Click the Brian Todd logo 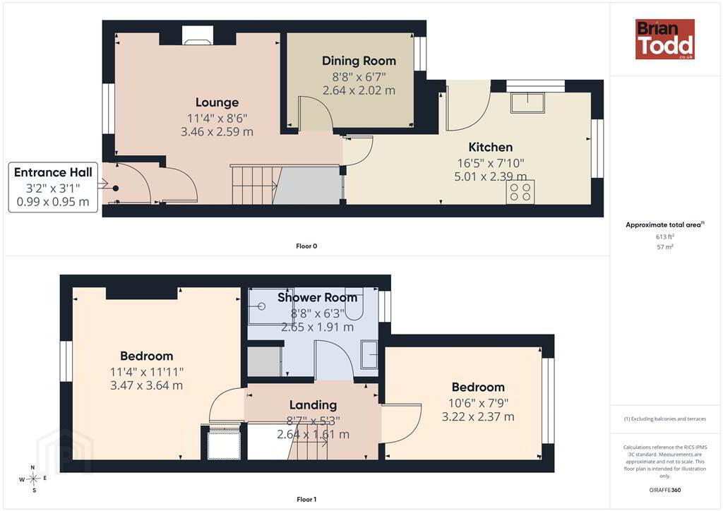pyautogui.click(x=664, y=39)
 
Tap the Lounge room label pyautogui.click(x=217, y=102)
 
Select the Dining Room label pyautogui.click(x=359, y=61)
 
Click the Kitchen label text pyautogui.click(x=490, y=148)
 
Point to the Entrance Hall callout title pyautogui.click(x=53, y=172)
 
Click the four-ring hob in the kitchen pyautogui.click(x=520, y=192)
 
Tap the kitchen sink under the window pyautogui.click(x=527, y=102)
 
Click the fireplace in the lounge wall pyautogui.click(x=198, y=35)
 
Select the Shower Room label pyautogui.click(x=317, y=298)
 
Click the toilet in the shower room pyautogui.click(x=354, y=306)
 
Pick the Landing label pyautogui.click(x=313, y=405)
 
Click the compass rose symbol pyautogui.click(x=34, y=479)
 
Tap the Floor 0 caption pyautogui.click(x=306, y=246)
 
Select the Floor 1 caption pyautogui.click(x=306, y=500)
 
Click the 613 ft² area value pyautogui.click(x=665, y=236)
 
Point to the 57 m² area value pyautogui.click(x=665, y=247)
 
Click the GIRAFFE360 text pyautogui.click(x=665, y=490)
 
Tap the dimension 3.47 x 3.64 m pyautogui.click(x=147, y=385)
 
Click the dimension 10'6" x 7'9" pyautogui.click(x=478, y=403)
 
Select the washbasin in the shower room pyautogui.click(x=369, y=354)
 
